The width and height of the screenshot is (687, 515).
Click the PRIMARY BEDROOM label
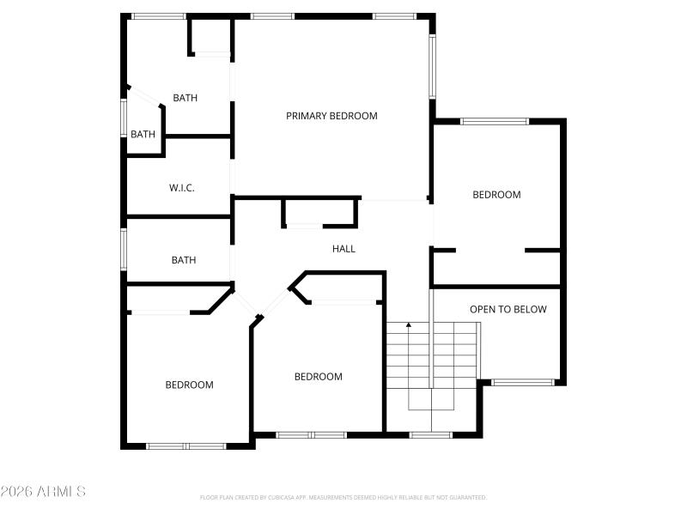[x=331, y=116]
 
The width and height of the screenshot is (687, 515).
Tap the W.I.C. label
[x=181, y=187]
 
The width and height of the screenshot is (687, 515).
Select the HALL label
[x=343, y=249]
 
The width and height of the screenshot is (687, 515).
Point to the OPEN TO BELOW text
[x=508, y=309]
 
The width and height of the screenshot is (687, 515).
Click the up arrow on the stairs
[x=409, y=325]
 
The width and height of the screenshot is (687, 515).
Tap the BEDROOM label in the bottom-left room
[x=189, y=385]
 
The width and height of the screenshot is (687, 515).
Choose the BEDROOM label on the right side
[x=496, y=195]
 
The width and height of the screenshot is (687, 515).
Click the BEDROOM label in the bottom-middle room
[x=318, y=376]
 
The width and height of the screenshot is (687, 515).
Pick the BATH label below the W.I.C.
[x=183, y=260]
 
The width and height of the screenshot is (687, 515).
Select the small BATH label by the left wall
[x=143, y=134]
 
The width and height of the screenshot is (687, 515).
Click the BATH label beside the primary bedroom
[x=185, y=98]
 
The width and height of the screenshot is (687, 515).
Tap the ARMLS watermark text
[x=43, y=492]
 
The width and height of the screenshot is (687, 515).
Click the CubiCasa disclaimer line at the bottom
[x=343, y=497]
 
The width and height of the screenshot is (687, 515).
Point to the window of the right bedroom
[x=495, y=121]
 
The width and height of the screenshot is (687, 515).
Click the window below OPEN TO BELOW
[x=522, y=382]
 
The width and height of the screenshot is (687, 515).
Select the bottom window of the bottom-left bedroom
[x=185, y=445]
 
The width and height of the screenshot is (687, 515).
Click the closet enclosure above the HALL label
[x=319, y=212]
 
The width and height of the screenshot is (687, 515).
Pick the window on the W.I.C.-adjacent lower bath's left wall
[x=124, y=250]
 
